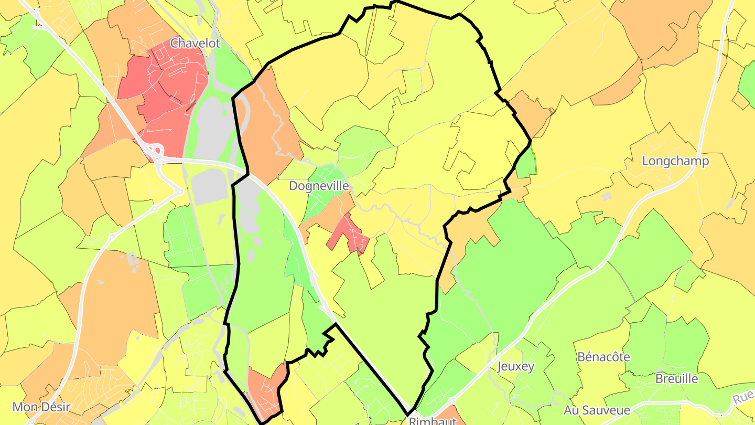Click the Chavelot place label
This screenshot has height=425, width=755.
point(195,43)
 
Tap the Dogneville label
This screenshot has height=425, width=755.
point(319,186)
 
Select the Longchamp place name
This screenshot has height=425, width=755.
point(675,161)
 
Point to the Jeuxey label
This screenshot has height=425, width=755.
point(515,366)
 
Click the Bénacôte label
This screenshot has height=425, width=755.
point(603,357)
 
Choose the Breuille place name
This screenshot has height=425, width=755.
point(676,378)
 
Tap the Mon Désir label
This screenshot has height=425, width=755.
point(41,407)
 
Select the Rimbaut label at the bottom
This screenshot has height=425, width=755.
point(429,421)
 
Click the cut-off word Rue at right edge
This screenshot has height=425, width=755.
point(744,398)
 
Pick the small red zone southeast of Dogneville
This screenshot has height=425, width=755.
point(349,234)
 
